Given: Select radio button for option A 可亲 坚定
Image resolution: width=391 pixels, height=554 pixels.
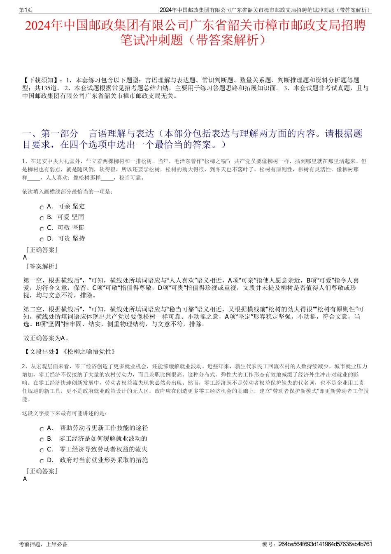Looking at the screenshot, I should click(x=42, y=208).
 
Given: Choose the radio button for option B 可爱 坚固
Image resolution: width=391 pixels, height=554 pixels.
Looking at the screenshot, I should click(x=42, y=218).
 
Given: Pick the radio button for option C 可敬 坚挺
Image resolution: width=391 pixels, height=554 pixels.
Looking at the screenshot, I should click(x=42, y=229).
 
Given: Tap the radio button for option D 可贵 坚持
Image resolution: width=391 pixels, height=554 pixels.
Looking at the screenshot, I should click(x=42, y=240).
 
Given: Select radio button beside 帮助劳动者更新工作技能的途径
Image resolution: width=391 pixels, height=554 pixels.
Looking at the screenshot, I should click(x=42, y=429).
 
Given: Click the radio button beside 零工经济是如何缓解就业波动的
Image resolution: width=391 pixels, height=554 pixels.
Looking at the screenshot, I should click(x=42, y=440).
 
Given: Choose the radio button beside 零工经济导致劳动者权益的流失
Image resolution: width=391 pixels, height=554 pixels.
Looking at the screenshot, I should click(x=42, y=451).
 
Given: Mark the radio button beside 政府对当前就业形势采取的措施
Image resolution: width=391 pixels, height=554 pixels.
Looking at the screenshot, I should click(x=42, y=461).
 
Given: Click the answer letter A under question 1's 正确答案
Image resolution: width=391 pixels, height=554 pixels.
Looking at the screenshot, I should click(x=26, y=257).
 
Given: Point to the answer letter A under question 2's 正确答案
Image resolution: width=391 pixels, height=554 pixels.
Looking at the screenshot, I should click(x=26, y=479).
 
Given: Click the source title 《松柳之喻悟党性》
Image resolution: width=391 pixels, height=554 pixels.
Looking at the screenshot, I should click(x=88, y=351).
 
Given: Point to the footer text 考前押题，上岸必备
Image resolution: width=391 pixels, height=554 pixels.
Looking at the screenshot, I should click(x=43, y=544).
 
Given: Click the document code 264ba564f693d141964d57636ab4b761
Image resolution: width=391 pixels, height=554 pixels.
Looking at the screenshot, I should click(x=325, y=544).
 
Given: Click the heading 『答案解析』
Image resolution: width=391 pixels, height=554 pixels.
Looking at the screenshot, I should click(x=41, y=266).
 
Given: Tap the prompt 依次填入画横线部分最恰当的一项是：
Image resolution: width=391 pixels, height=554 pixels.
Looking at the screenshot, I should click(x=67, y=192).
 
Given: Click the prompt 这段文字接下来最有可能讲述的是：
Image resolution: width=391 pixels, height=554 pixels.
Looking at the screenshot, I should click(x=65, y=413).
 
